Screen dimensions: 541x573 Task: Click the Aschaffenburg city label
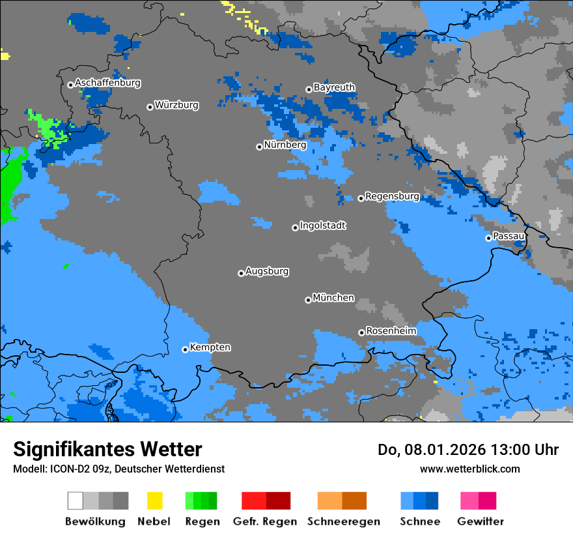tap(107, 83)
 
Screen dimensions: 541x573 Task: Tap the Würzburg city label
tap(176, 105)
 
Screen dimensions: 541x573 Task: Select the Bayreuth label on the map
tap(334, 87)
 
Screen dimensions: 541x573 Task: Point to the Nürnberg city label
tap(285, 145)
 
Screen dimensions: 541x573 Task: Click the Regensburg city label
tap(392, 196)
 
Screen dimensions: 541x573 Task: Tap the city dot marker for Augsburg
tap(241, 273)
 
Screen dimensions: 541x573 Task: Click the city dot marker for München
tap(308, 300)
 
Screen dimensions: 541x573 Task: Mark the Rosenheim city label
tap(391, 331)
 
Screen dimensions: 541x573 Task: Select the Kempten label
tap(210, 347)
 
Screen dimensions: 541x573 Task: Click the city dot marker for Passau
tap(488, 238)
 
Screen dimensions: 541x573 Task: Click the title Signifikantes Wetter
tap(107, 450)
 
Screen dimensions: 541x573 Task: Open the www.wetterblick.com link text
tap(469, 469)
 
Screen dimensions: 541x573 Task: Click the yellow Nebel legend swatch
tap(154, 501)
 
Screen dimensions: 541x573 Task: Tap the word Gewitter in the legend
tap(480, 521)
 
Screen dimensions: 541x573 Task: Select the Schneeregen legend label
tap(343, 521)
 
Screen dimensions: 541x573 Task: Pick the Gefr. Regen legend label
tap(264, 521)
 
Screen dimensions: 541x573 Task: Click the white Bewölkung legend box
tap(76, 501)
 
